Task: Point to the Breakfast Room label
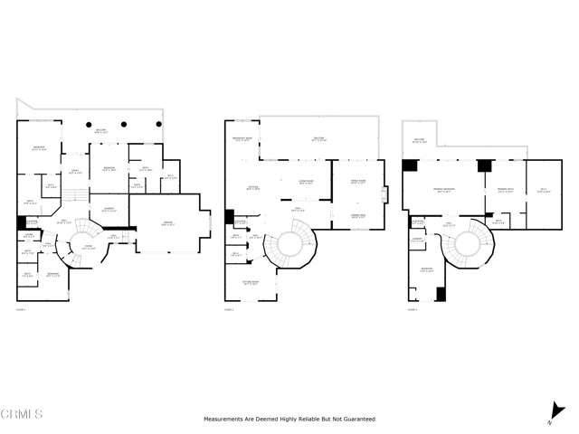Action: (242, 138)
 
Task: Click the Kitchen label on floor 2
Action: (242, 188)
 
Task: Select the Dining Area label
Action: (357, 216)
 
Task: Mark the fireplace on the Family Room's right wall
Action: (384, 194)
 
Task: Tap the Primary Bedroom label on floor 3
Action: (442, 190)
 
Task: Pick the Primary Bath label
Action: (505, 190)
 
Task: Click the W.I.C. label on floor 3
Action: (544, 190)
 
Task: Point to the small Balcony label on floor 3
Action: (418, 140)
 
